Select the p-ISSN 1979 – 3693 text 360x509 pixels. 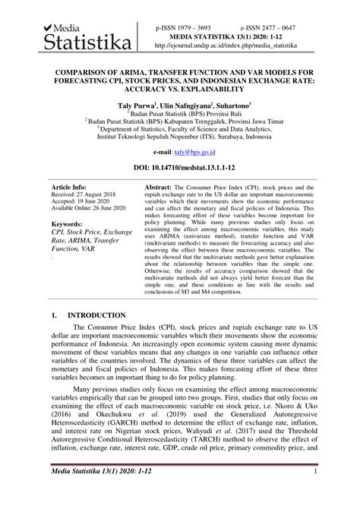pyautogui.click(x=183, y=26)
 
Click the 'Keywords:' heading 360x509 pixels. pyautogui.click(x=69, y=225)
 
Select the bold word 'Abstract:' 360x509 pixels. pyautogui.click(x=160, y=186)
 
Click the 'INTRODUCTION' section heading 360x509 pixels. pyautogui.click(x=99, y=315)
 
